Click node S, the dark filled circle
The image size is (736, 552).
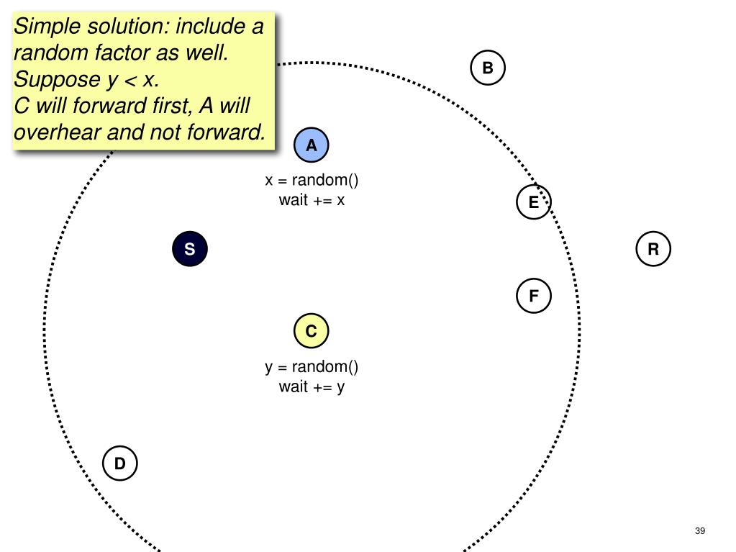[x=190, y=250]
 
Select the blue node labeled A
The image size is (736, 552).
[x=312, y=146]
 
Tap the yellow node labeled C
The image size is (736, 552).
[x=311, y=332]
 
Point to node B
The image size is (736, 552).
[x=488, y=68]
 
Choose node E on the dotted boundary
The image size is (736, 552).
[x=533, y=202]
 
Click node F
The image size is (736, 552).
[x=534, y=296]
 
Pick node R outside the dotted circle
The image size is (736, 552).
[x=653, y=250]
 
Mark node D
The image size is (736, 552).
[x=119, y=463]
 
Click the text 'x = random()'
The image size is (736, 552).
[x=312, y=181]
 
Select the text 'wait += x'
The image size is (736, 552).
[x=312, y=200]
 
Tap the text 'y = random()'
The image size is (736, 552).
[x=312, y=367]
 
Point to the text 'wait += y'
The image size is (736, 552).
[x=312, y=386]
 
